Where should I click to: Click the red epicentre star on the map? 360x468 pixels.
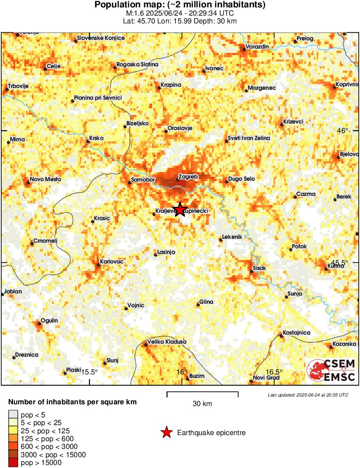[x=180, y=210]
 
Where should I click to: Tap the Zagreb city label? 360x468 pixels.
[x=188, y=177]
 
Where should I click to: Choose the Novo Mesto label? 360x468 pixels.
[x=45, y=179]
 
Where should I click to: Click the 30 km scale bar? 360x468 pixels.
[x=202, y=394]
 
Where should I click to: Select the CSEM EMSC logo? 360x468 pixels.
[x=331, y=370]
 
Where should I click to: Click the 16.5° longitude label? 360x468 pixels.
[x=274, y=372]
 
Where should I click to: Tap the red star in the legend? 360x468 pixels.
[x=166, y=432]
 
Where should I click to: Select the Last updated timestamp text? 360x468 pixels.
[x=308, y=395]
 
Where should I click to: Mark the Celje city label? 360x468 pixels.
[x=53, y=66]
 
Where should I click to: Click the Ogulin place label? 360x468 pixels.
[x=49, y=321]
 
